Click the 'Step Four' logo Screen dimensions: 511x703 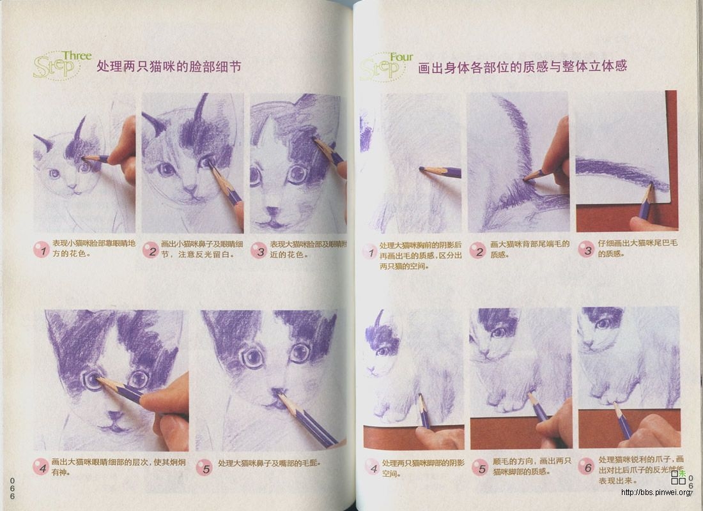point(385,66)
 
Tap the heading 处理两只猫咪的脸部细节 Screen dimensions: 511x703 point(169,66)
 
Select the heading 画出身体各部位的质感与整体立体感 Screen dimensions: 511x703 point(522,66)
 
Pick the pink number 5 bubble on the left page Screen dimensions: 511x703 point(204,467)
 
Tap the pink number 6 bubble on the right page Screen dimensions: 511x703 point(585,466)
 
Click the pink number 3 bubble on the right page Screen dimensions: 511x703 point(585,249)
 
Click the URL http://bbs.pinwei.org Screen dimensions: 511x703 point(656,492)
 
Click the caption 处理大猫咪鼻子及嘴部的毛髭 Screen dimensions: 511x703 point(269,463)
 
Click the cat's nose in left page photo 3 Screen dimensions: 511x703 point(273,211)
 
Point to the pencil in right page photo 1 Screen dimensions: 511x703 point(440,171)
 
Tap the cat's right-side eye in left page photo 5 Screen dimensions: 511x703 point(300,352)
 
